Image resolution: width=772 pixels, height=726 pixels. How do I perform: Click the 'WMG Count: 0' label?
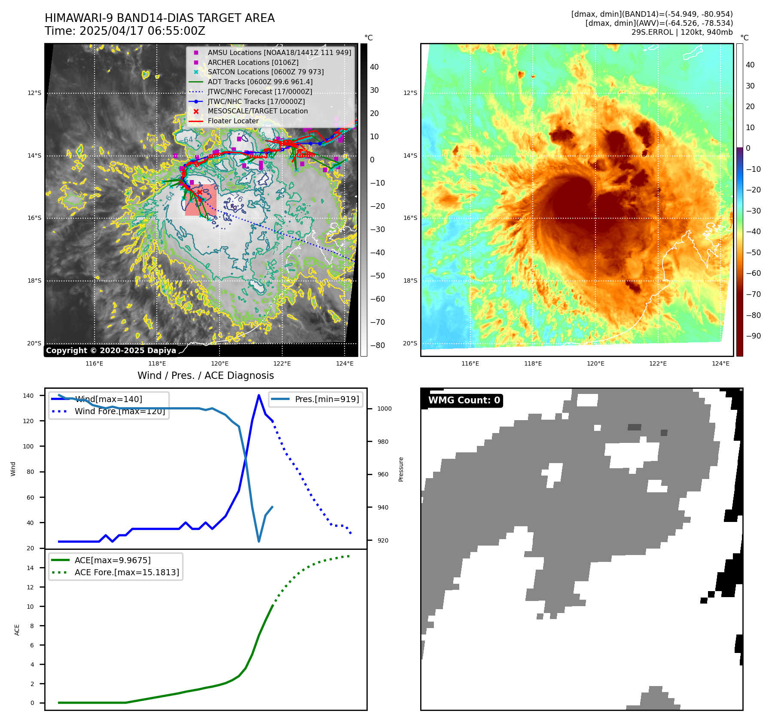click(464, 400)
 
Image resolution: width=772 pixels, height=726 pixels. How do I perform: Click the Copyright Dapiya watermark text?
click(111, 351)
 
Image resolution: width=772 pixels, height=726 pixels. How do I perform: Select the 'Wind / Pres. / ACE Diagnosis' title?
click(205, 375)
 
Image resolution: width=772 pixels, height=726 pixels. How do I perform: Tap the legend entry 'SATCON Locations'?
click(265, 72)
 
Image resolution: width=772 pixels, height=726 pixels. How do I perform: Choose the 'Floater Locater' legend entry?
click(233, 121)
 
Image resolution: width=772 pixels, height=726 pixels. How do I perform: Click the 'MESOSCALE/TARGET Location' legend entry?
click(257, 111)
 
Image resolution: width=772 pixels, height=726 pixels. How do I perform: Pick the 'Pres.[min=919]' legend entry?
click(326, 399)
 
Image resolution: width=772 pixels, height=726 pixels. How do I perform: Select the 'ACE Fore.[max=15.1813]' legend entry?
click(127, 572)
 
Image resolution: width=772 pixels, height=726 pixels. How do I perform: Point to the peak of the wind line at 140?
click(259, 395)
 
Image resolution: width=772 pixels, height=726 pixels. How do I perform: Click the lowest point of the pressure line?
click(259, 541)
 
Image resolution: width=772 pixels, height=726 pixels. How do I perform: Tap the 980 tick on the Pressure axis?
click(384, 442)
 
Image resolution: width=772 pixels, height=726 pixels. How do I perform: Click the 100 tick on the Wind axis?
click(28, 446)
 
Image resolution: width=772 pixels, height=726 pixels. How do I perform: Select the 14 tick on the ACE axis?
click(30, 568)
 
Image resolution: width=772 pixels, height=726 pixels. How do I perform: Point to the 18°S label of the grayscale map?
click(34, 281)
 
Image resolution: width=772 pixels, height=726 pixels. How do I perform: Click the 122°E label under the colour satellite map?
click(658, 363)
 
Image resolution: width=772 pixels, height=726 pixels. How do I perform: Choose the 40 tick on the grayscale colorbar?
click(374, 67)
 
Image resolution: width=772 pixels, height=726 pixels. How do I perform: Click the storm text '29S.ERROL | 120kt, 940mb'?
click(682, 32)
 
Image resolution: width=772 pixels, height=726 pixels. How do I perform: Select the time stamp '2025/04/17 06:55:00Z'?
click(142, 31)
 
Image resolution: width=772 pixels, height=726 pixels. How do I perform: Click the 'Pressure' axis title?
click(401, 469)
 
